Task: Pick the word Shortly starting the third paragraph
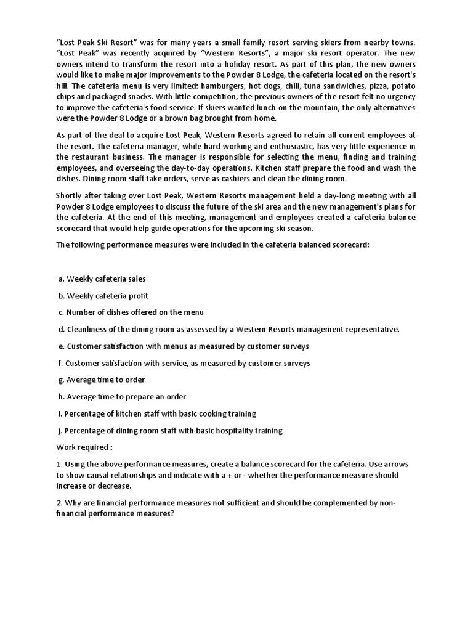coord(71,195)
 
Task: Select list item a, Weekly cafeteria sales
coord(102,279)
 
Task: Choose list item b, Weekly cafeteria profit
coord(103,296)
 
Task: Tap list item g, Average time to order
coord(102,380)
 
